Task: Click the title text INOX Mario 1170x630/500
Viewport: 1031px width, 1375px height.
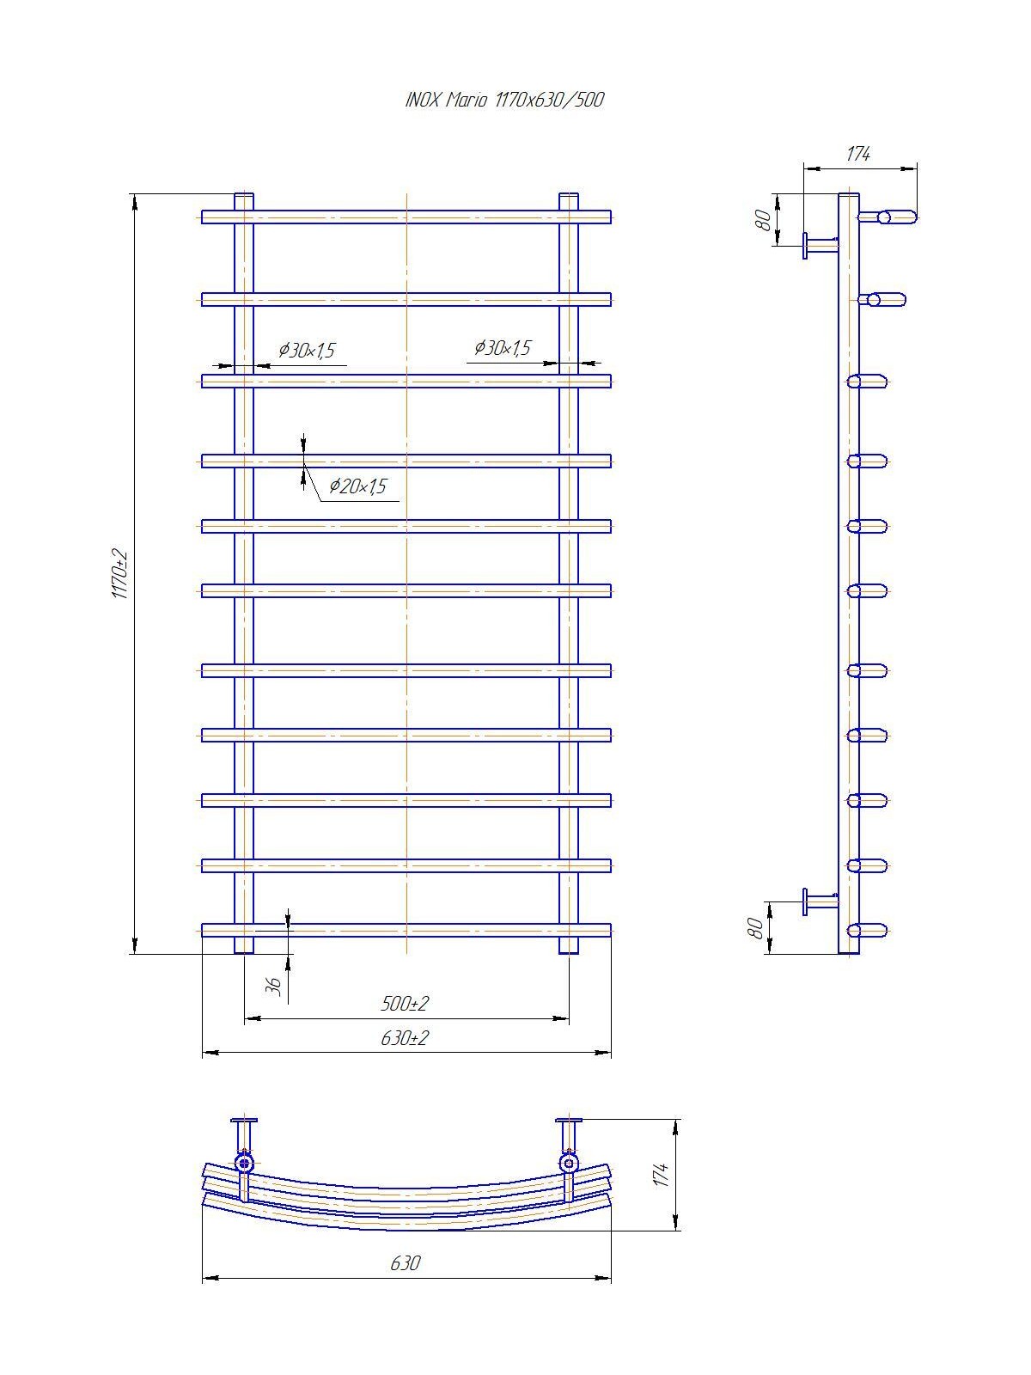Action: click(x=504, y=101)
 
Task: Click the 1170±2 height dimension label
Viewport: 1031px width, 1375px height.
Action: click(x=119, y=573)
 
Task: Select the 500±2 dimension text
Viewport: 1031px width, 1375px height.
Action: click(x=405, y=1004)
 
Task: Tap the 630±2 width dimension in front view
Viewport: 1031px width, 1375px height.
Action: click(x=405, y=1038)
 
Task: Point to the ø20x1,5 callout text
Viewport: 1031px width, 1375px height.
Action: click(x=358, y=486)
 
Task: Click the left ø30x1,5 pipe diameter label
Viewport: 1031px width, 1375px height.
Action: click(x=308, y=350)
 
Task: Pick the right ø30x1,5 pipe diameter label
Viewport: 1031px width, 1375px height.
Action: click(x=503, y=348)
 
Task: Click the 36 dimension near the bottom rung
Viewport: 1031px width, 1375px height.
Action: click(x=273, y=986)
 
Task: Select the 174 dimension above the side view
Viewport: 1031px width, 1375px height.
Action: click(x=858, y=154)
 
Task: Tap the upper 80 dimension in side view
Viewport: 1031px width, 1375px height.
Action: click(x=764, y=220)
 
